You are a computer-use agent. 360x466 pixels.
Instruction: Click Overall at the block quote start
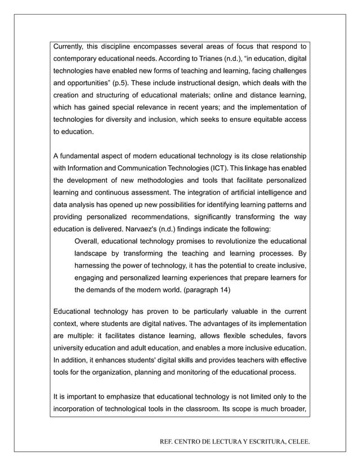click(88, 241)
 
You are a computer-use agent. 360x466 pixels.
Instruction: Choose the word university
click(69, 348)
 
